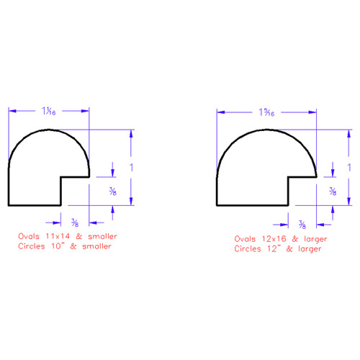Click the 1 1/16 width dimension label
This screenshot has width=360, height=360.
click(x=49, y=111)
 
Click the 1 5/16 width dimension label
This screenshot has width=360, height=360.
click(x=266, y=112)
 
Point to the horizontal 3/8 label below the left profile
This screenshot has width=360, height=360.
click(x=75, y=223)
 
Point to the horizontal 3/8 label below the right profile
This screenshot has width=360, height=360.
click(x=282, y=224)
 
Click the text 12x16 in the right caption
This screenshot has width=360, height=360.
click(x=271, y=238)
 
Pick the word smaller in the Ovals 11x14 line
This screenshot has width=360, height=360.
click(x=99, y=236)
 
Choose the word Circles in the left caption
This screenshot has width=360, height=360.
click(x=35, y=247)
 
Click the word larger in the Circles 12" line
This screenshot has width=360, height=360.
click(x=308, y=249)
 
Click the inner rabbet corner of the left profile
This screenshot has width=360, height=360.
click(x=60, y=176)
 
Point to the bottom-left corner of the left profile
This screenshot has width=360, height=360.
click(x=8, y=205)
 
